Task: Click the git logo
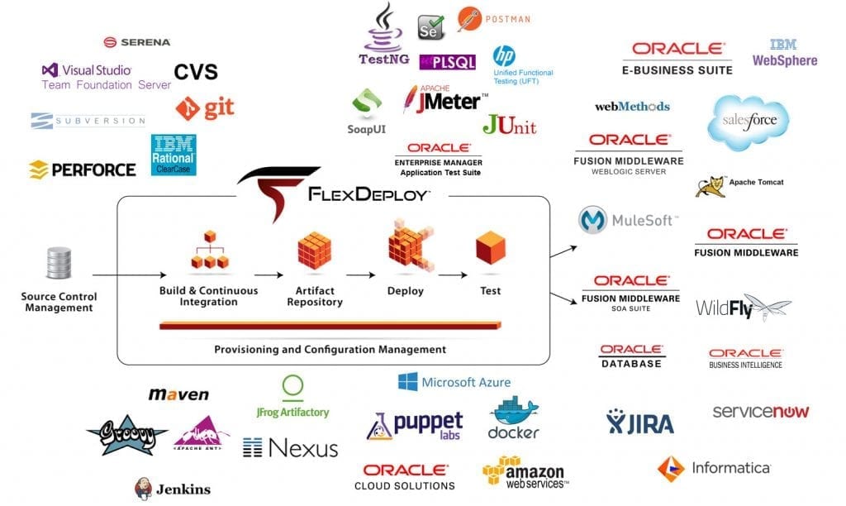coord(205,108)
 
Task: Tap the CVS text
coord(196,72)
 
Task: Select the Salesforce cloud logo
coord(748,122)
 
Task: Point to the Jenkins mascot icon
coord(143,489)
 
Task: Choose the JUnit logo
coord(509,125)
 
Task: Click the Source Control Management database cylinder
coord(59,263)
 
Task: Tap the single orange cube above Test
coord(491,248)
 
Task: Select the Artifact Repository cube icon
coord(315,251)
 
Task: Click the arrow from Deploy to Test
coord(453,274)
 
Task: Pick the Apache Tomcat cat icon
coord(710,187)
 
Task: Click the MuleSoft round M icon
coord(592,220)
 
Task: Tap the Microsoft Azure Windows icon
coord(407,382)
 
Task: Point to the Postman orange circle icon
coord(469,19)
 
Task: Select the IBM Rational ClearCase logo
coord(173,155)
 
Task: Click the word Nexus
coord(303,448)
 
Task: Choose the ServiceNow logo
coord(761,412)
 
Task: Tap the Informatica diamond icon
coord(671,468)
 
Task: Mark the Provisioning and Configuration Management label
coord(330,350)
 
